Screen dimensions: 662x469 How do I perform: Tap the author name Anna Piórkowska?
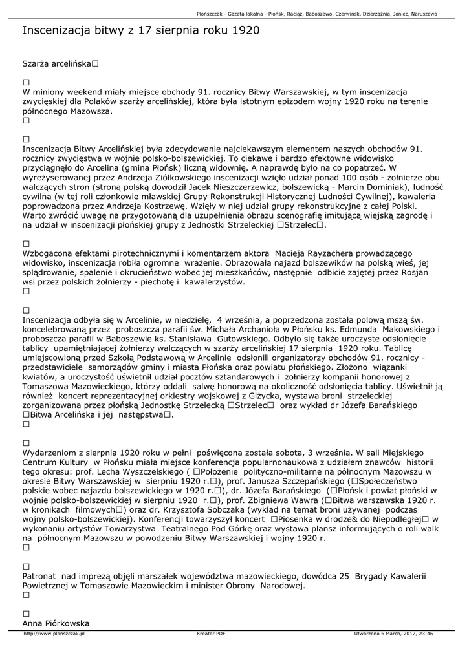coord(56,623)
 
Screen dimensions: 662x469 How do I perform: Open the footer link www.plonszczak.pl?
coord(54,634)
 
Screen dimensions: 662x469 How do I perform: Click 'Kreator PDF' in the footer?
coord(211,634)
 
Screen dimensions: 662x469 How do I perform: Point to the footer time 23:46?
coord(425,634)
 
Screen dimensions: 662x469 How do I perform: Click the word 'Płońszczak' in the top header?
coord(213,14)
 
